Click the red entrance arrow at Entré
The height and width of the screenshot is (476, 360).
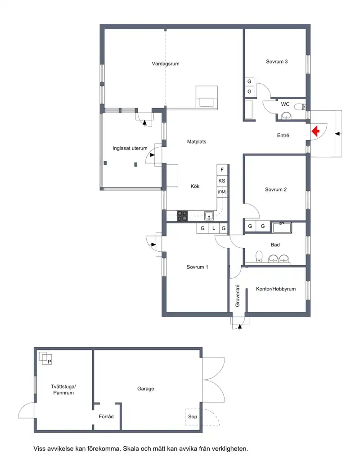315,131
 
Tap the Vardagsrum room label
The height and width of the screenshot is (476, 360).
166,64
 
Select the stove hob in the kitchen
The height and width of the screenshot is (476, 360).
182,216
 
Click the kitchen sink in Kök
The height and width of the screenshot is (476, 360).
209,216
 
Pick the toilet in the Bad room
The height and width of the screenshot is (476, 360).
259,257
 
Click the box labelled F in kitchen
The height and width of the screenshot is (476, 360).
222,170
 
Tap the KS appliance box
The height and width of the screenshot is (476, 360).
222,181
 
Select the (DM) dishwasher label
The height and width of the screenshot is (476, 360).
222,192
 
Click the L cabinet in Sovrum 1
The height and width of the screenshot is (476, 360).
214,228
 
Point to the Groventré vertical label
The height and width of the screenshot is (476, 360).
238,295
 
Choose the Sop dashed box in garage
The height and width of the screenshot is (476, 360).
192,417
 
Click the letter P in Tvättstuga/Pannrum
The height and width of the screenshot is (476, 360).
49,362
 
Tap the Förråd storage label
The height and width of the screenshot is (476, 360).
106,417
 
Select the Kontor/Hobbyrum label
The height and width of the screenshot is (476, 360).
276,289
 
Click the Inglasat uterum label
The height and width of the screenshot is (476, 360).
130,148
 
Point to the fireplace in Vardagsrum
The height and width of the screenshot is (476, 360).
207,97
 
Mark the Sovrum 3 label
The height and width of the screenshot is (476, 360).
277,61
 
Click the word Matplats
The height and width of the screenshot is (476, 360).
197,141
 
